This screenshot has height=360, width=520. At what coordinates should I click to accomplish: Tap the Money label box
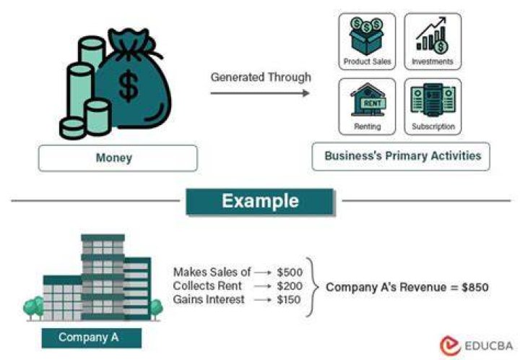click(x=118, y=158)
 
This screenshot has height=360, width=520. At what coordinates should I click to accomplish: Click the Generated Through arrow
click(x=260, y=93)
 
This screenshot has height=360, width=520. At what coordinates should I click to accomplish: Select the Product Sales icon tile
click(x=367, y=41)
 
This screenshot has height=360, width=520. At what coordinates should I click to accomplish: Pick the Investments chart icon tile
click(x=433, y=41)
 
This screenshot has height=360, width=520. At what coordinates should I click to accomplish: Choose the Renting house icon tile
click(x=367, y=106)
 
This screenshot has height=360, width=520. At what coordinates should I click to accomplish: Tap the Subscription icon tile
click(x=433, y=106)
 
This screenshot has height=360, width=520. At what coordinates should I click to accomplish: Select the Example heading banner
click(x=260, y=202)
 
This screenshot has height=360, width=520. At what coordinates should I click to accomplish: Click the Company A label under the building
click(x=92, y=338)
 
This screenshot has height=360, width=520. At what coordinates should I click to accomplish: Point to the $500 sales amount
click(x=290, y=273)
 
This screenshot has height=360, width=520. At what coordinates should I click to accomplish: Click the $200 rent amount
click(x=290, y=286)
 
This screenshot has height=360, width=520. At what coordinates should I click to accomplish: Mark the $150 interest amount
click(x=289, y=299)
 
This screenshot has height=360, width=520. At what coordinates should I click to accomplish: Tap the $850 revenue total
click(x=475, y=287)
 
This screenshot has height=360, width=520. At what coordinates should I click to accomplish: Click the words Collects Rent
click(x=207, y=286)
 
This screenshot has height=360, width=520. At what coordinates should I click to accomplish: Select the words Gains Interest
click(x=209, y=299)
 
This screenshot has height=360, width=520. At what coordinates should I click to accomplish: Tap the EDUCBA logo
click(x=476, y=346)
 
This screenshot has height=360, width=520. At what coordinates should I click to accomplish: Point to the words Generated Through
click(x=261, y=77)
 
